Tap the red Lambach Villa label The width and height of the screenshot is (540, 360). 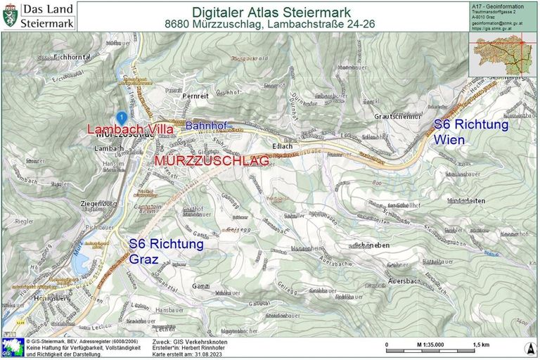(130, 129)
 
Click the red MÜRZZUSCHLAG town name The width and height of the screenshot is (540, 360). (212, 161)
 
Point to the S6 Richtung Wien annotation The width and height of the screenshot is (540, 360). (470, 131)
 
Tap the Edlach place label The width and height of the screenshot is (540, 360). (281, 146)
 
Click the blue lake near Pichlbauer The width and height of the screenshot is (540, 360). (79, 264)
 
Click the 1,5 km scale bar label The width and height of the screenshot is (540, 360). (481, 345)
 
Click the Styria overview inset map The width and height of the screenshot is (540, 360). (501, 52)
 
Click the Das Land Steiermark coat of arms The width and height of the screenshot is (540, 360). (10, 15)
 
